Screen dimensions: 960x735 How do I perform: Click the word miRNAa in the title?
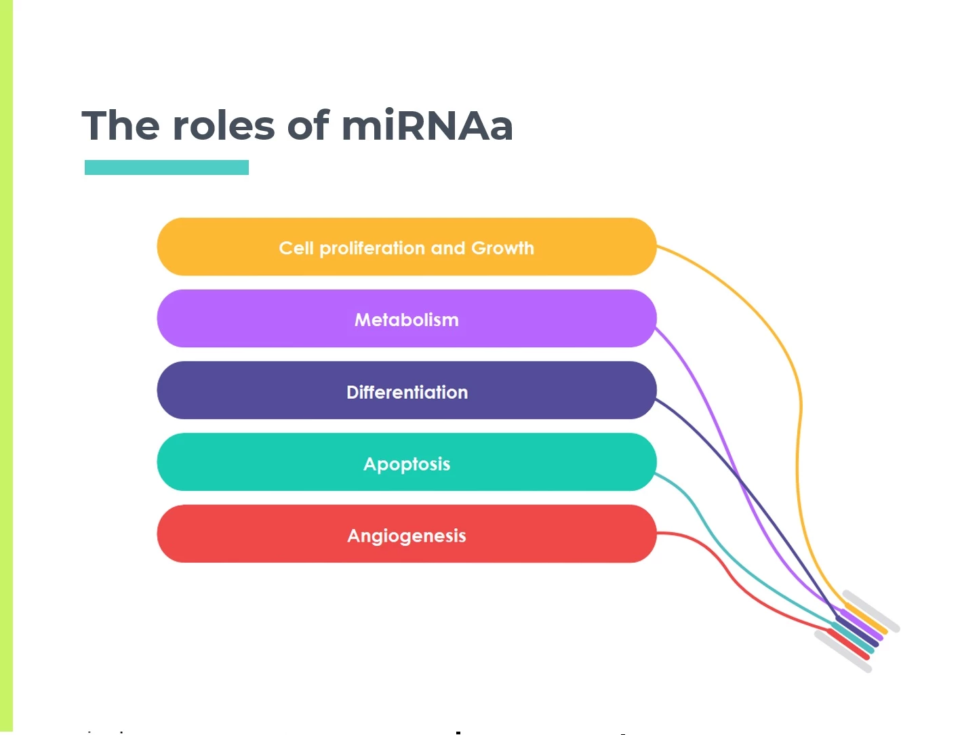427,125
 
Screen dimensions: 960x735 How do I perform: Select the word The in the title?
120,125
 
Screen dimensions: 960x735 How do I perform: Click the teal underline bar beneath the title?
167,167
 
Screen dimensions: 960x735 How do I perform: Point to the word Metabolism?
407,320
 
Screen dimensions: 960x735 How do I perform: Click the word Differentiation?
407,392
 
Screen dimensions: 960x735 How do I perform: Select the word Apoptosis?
407,464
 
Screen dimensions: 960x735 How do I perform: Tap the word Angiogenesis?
407,536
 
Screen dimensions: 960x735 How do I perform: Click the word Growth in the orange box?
503,248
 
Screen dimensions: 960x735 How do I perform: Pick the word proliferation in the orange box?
373,249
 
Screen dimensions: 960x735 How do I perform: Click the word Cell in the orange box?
296,248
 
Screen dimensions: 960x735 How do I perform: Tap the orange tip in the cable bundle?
866,618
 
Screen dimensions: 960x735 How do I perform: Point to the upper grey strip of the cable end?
871,611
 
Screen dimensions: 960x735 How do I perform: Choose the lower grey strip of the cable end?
843,652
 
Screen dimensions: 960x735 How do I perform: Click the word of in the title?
308,125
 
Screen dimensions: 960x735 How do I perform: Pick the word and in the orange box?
448,248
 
